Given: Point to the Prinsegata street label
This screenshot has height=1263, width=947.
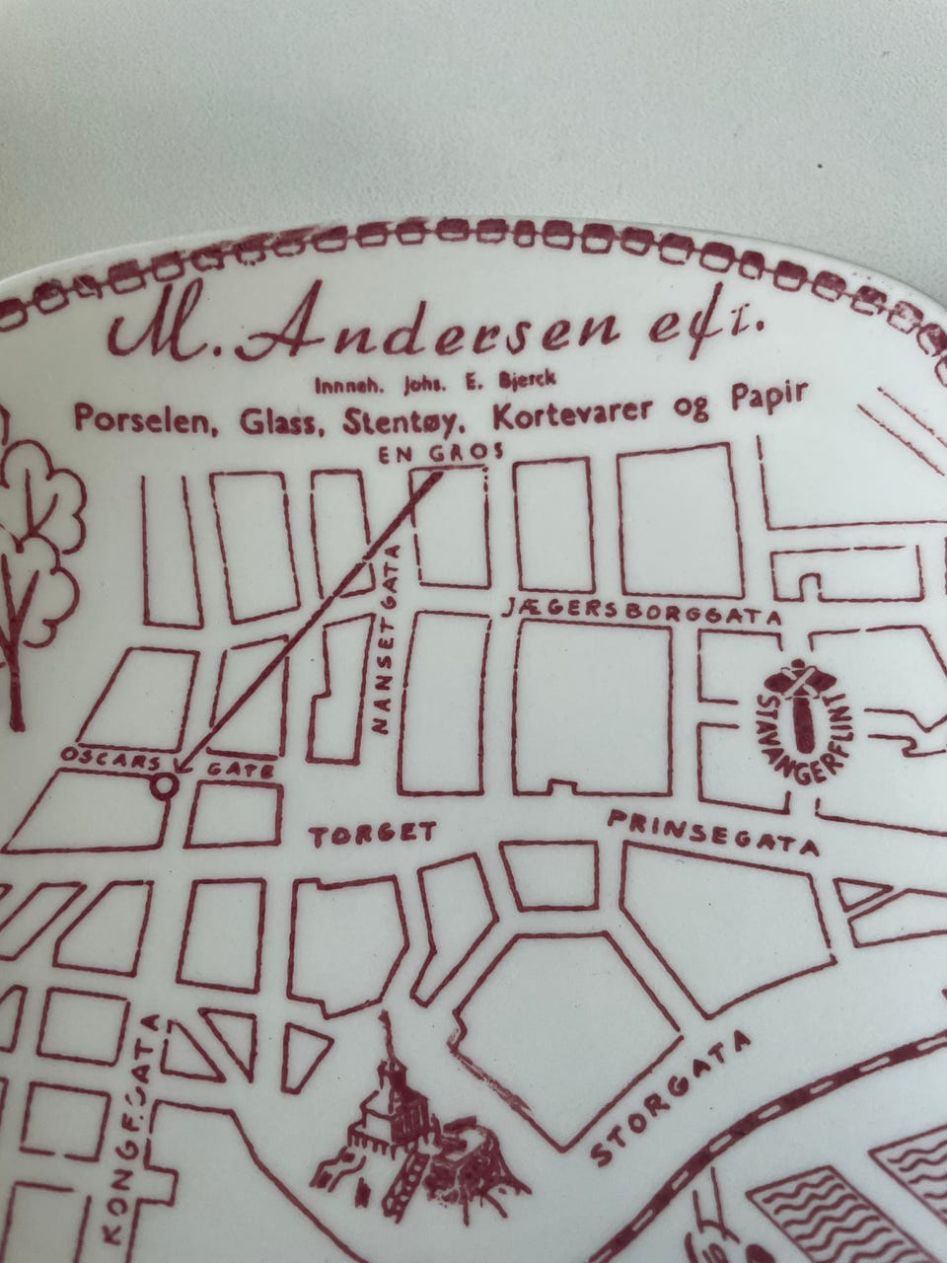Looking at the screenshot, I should click(x=713, y=833).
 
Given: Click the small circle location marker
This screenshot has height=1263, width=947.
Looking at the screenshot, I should click(x=165, y=785).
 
